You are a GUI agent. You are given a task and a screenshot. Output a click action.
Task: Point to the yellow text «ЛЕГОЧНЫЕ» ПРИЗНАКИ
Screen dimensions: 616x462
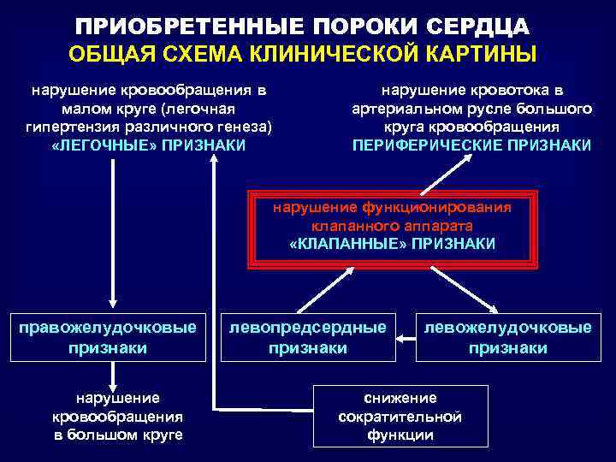click(148, 145)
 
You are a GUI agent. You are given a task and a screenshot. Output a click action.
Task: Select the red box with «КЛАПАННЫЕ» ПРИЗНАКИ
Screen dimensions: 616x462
click(391, 226)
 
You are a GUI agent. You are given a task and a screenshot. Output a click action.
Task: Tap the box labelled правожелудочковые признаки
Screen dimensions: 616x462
click(111, 337)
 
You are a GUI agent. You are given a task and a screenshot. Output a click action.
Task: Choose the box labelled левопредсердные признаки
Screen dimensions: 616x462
click(307, 337)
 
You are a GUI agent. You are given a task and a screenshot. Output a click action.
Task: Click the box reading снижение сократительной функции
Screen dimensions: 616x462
click(400, 416)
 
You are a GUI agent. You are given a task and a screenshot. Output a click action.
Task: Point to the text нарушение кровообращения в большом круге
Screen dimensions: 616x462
click(117, 417)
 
